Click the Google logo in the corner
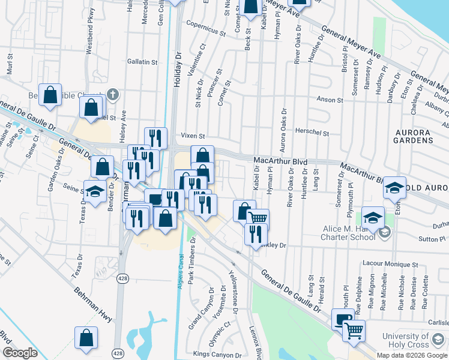(20, 353)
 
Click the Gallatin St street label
(142, 62)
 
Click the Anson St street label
(330, 100)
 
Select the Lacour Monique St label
(390, 264)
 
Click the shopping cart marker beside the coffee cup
(354, 329)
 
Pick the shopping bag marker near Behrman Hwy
(86, 337)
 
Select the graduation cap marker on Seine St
(95, 191)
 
